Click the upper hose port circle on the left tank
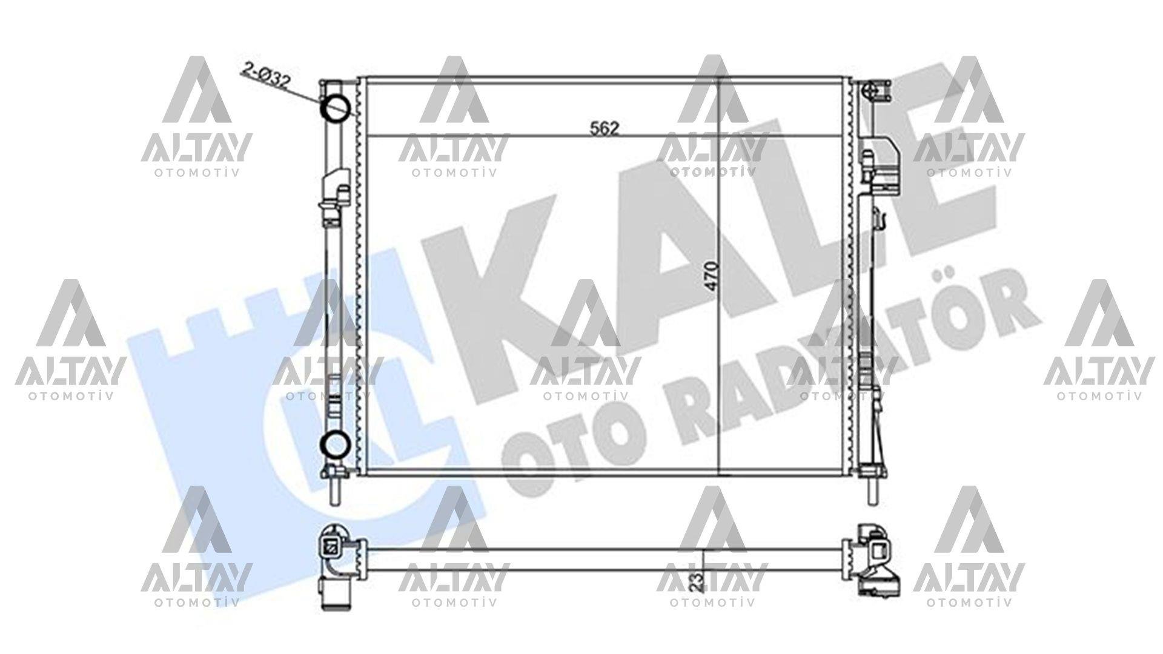tap(335, 107)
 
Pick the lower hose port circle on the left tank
tap(334, 446)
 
